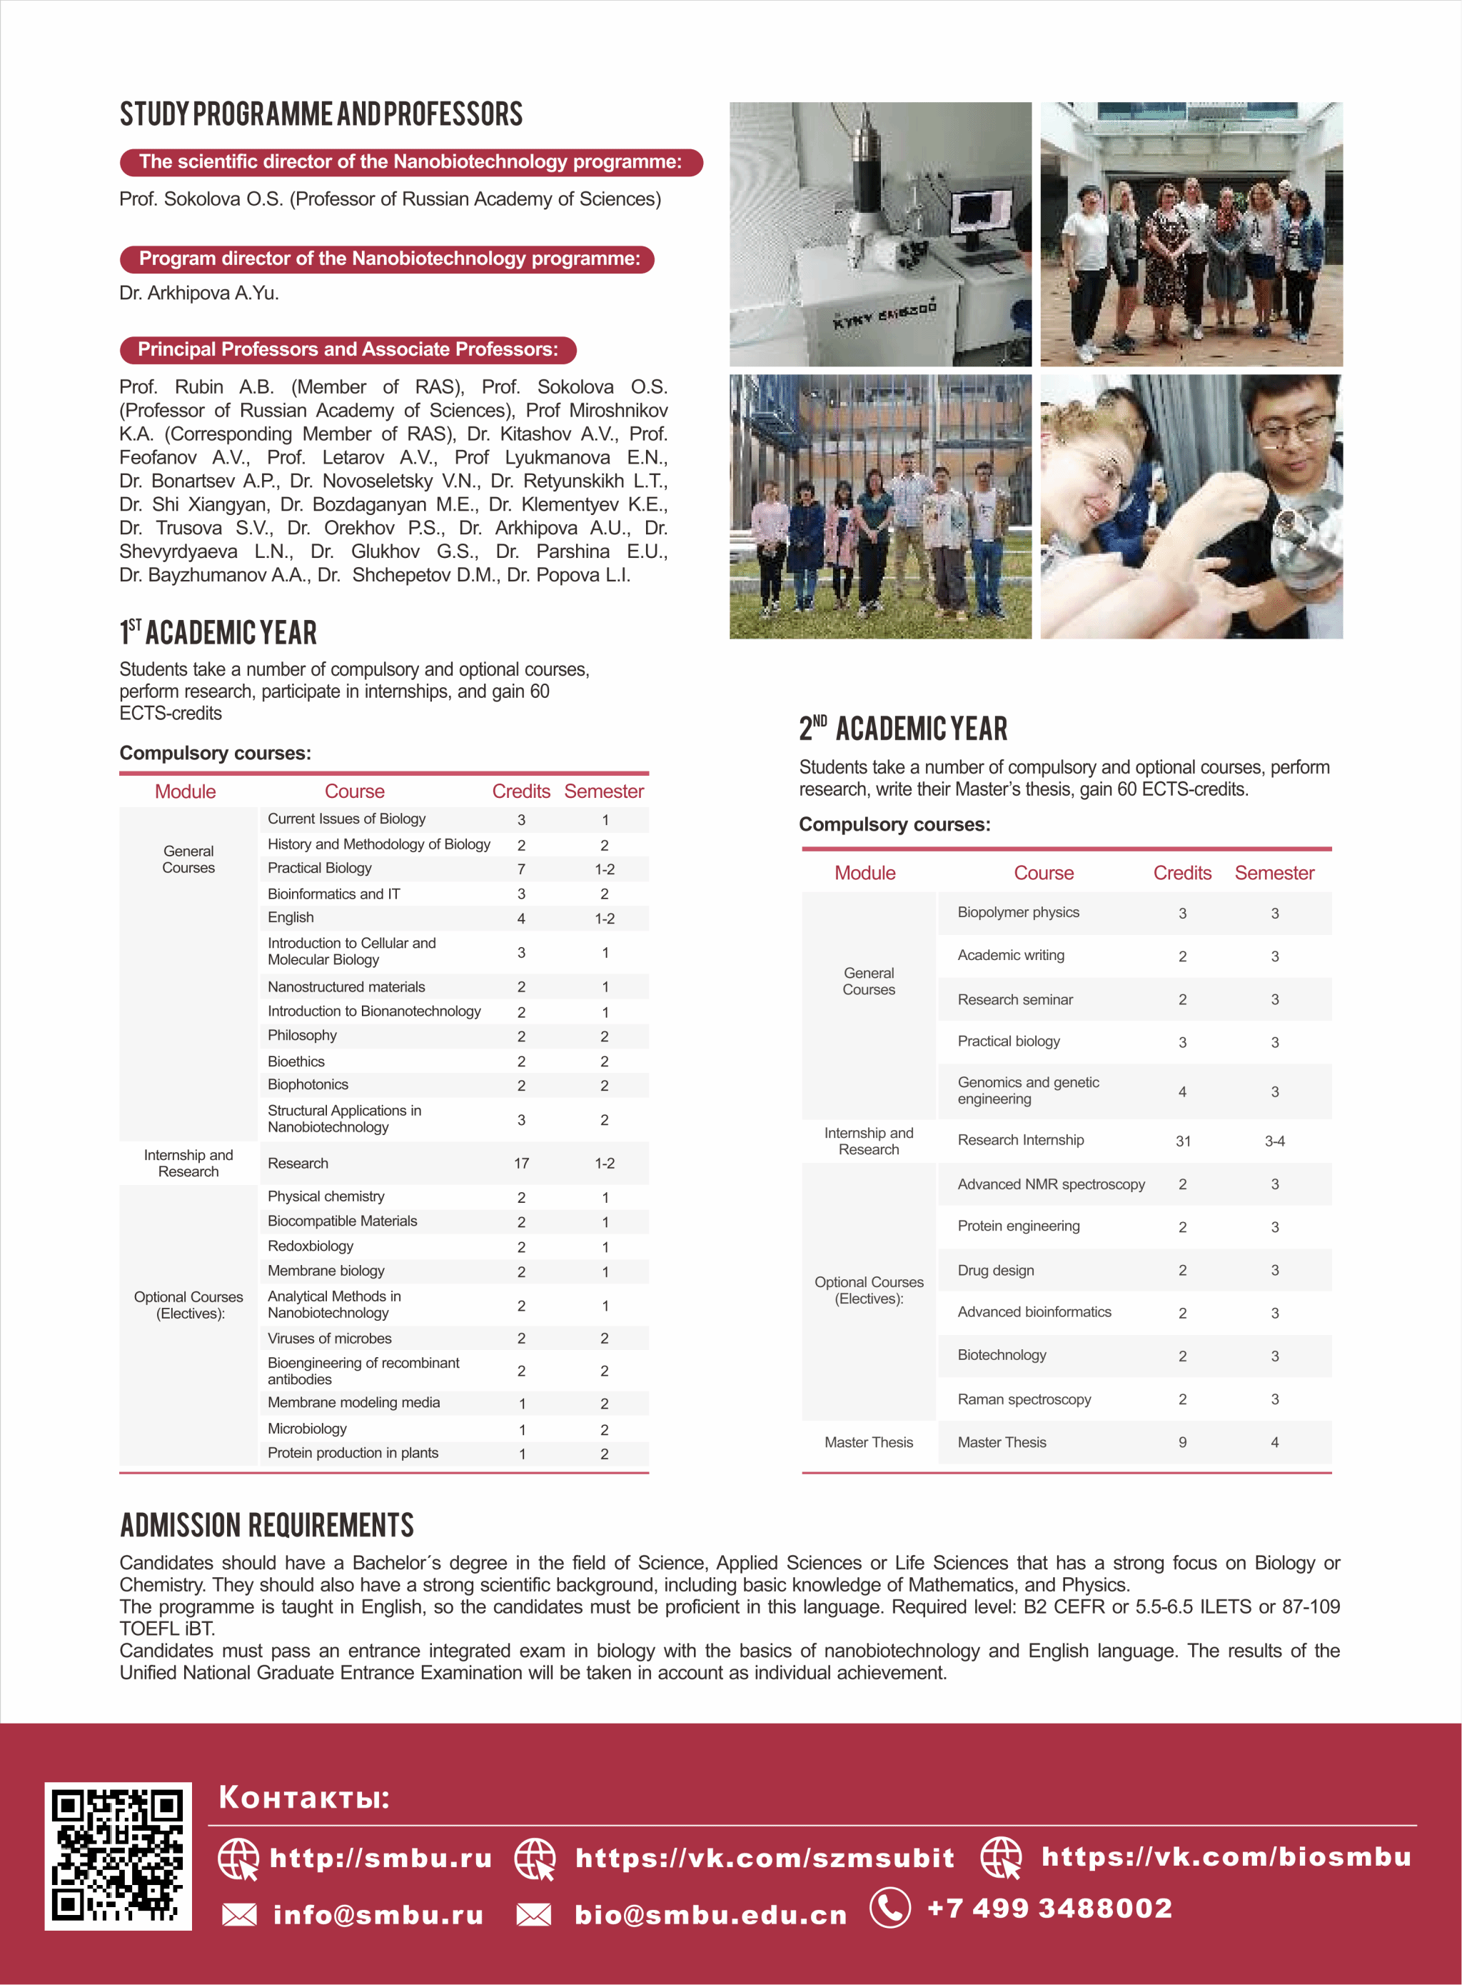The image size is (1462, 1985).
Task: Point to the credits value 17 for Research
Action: coord(521,1164)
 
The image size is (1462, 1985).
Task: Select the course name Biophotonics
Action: coord(308,1084)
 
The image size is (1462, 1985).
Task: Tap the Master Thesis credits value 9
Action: coord(1182,1442)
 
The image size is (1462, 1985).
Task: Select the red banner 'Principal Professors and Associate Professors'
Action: coord(348,350)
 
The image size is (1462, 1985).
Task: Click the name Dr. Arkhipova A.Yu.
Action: coord(199,293)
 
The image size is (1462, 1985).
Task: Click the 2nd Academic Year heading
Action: coord(903,729)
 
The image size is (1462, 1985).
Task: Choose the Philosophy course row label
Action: coord(302,1035)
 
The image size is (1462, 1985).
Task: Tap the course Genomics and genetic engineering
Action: coord(1029,1091)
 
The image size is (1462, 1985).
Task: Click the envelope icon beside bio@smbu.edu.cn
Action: coord(534,1915)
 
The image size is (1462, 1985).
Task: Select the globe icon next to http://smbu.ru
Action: coord(238,1858)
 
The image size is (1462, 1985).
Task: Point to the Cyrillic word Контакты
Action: coord(303,1797)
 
